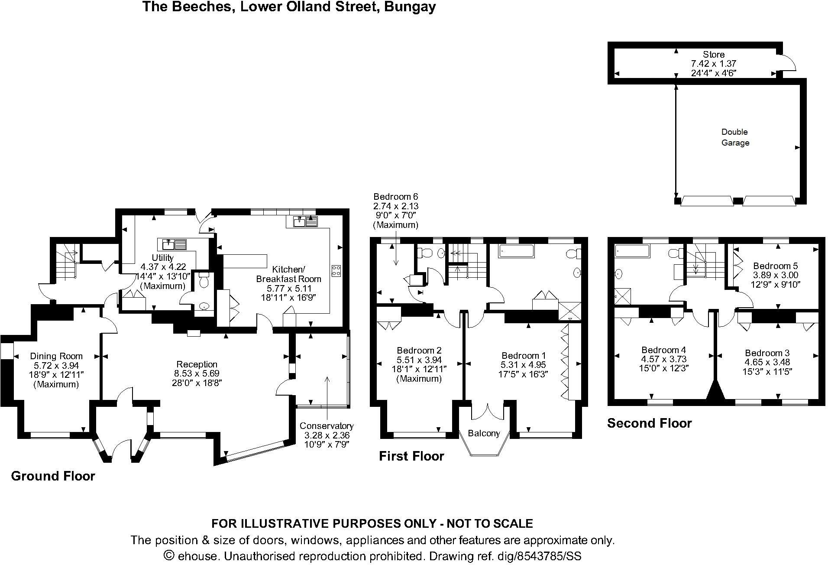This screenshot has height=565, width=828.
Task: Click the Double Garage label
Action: click(735, 137)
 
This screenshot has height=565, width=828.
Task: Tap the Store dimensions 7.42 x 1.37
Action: click(713, 64)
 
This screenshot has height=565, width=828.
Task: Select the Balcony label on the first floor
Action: click(484, 433)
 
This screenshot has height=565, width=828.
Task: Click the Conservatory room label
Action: click(327, 426)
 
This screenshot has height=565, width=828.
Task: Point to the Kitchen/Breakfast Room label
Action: click(288, 274)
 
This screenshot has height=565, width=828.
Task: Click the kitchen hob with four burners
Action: click(336, 271)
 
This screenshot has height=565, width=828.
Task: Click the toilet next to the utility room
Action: click(204, 280)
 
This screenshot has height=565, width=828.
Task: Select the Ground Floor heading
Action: click(53, 476)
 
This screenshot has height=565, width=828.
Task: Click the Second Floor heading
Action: click(649, 423)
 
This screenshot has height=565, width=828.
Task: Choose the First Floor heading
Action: click(411, 456)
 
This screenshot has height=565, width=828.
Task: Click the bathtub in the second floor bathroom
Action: click(632, 251)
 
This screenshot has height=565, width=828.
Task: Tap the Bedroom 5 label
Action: click(775, 266)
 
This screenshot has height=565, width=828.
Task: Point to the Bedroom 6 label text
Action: click(395, 197)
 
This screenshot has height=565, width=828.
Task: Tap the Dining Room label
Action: click(56, 356)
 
